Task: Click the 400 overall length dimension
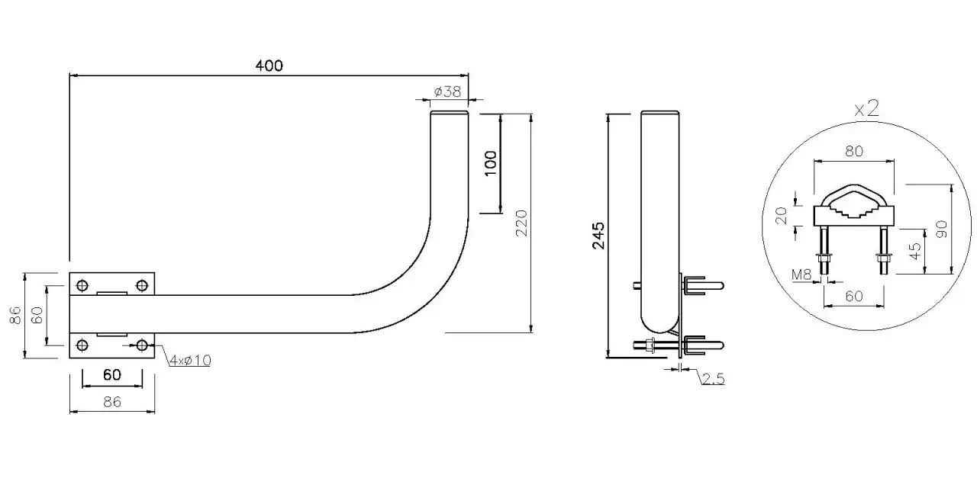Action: tap(269, 66)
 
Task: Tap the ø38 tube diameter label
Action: tap(447, 91)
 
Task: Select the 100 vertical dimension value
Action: tap(491, 163)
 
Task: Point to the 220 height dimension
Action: tap(521, 223)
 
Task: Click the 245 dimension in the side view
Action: tap(598, 236)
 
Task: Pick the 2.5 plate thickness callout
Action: tap(713, 379)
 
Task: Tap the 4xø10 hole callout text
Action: tap(190, 361)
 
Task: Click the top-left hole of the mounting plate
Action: tap(82, 285)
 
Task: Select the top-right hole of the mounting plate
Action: tap(142, 285)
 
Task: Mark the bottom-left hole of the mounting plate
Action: tap(82, 345)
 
